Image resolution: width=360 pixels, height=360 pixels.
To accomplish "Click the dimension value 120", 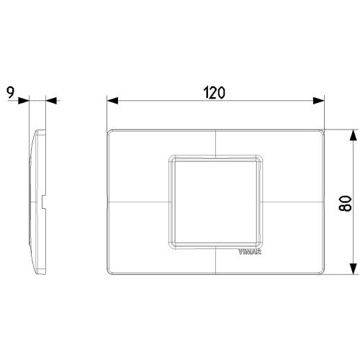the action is pos(215,93).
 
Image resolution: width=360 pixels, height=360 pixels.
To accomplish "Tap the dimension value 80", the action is pos(345,204).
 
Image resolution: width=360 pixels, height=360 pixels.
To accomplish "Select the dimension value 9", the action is pos(11,93).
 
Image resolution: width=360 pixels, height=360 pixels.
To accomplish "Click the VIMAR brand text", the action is pos(250,252).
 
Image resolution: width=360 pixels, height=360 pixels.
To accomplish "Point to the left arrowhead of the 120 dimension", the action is pos(112,101).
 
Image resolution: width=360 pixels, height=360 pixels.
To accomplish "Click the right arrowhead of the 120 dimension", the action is pos(319,101).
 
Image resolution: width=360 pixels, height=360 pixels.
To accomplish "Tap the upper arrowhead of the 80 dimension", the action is pos(353,135).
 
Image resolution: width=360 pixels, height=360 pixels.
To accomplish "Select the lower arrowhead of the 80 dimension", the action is pos(353,269).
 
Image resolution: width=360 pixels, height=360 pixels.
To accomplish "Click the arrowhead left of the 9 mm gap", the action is pos(24,101).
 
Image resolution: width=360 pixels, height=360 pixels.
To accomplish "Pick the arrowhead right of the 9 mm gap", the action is pos(51,101).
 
